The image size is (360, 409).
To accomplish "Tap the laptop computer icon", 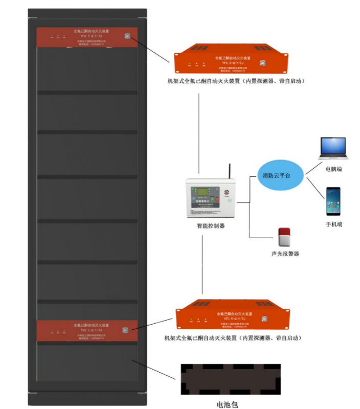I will tap(333, 149).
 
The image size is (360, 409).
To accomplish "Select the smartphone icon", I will tap(334, 201).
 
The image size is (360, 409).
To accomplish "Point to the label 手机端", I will tap(334, 224).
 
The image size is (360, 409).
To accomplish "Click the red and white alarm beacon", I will tap(284, 237).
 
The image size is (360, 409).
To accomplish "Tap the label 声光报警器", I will tap(285, 254).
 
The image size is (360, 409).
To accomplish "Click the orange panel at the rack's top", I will tap(86, 37).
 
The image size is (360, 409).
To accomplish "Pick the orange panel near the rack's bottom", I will tap(86, 330).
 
